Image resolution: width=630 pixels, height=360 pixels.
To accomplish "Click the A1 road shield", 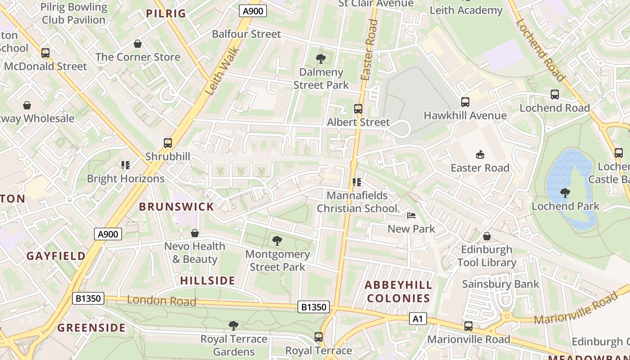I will point(418,319).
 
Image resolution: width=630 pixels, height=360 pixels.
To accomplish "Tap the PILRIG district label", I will point(166,13).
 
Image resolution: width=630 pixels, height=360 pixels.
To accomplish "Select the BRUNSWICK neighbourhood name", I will point(176,207).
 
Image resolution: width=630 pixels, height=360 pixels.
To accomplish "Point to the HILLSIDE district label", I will point(207,281).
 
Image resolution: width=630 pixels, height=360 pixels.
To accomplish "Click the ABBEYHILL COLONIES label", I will point(398,292).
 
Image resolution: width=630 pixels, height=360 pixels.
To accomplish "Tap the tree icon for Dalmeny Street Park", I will point(321,58).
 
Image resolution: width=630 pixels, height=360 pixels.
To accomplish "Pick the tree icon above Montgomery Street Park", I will point(277,241).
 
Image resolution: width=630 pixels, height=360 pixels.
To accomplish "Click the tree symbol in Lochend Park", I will point(565,193).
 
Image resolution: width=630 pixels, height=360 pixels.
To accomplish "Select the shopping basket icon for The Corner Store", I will point(138,44).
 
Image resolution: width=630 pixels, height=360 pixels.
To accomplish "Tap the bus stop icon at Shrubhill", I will point(168,143).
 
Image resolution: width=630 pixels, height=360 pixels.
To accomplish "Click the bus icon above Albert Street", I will point(358,109).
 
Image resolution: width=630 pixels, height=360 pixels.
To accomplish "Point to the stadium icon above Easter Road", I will point(480,155).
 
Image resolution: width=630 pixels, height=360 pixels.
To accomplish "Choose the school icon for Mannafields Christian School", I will point(357,182).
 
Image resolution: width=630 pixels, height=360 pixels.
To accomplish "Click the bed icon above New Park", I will point(411,216).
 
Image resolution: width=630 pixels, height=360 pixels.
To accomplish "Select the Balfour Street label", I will point(246,34).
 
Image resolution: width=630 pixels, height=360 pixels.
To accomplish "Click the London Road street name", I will point(162,301).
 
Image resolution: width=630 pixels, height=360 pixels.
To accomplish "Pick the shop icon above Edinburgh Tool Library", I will point(486,236).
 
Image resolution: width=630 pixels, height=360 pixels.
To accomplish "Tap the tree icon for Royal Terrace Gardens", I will point(233,325).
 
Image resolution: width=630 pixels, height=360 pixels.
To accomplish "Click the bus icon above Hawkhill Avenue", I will point(465,102).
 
